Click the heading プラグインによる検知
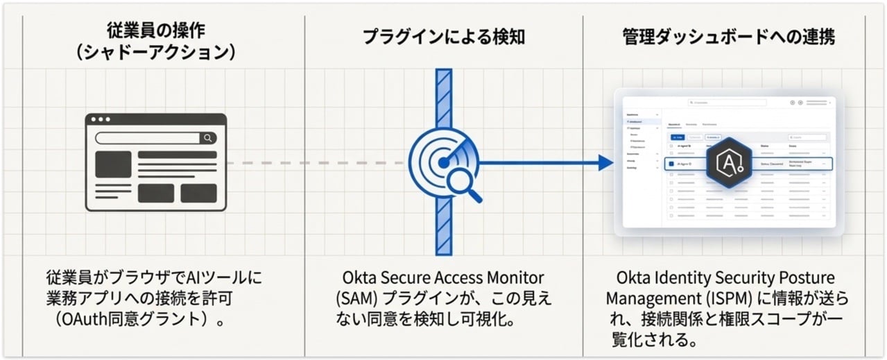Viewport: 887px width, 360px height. click(443, 37)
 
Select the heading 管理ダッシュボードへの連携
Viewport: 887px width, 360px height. click(728, 37)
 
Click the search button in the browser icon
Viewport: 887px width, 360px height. click(207, 138)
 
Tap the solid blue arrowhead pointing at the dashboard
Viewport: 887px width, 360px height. click(605, 163)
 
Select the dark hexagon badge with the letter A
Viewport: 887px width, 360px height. click(730, 164)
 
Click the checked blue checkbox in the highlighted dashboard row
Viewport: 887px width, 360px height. click(671, 164)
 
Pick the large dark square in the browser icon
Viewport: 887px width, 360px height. click(113, 164)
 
